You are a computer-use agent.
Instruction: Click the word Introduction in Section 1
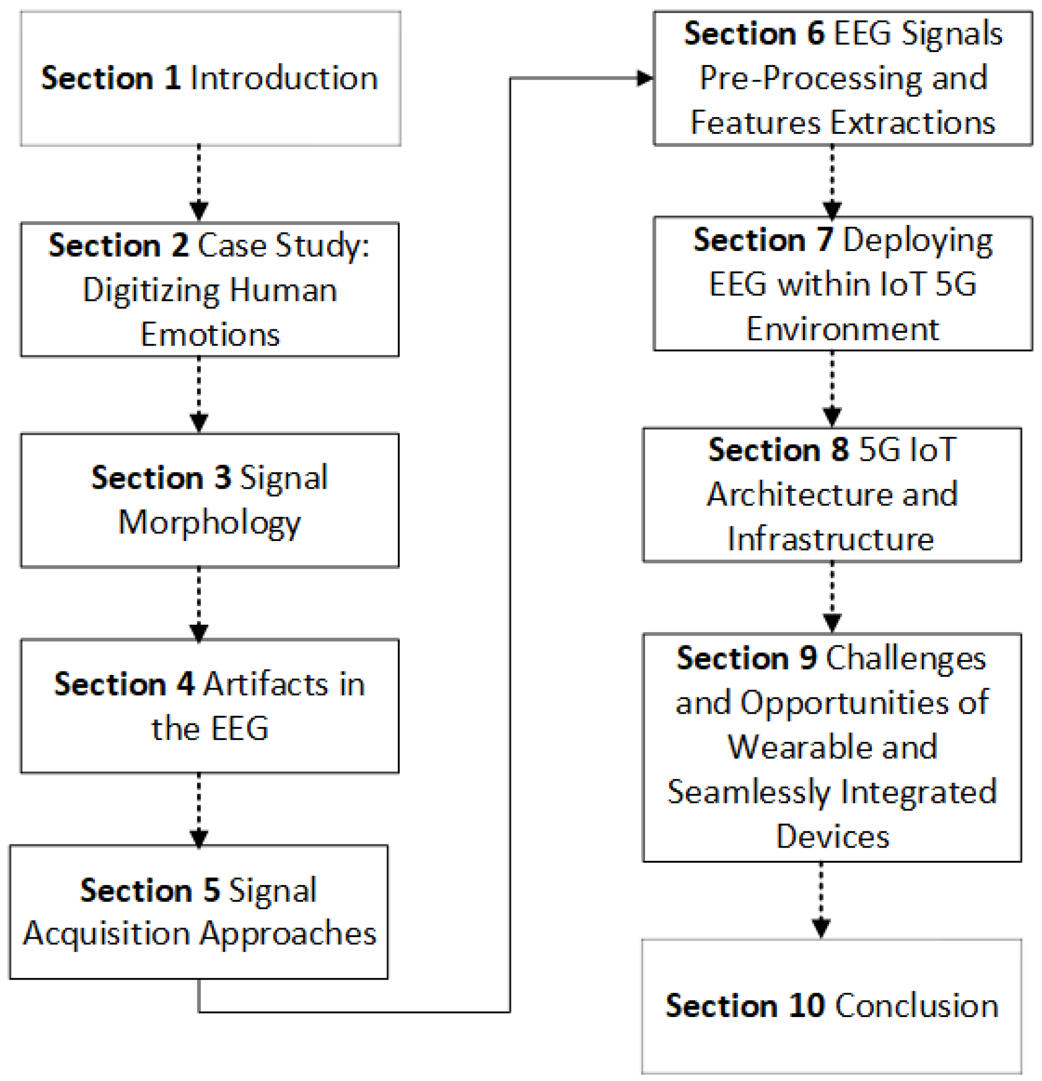284,78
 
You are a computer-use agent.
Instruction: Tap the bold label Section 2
118,246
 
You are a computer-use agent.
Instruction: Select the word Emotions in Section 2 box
210,335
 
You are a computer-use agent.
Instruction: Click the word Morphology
210,523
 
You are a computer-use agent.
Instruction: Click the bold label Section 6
754,33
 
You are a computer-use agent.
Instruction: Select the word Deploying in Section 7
918,241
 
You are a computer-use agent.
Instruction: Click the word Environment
842,330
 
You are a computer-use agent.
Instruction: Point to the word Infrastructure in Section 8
830,540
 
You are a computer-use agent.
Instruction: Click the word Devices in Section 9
832,837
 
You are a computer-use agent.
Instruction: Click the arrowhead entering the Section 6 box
644,78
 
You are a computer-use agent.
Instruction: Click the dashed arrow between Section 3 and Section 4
199,604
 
